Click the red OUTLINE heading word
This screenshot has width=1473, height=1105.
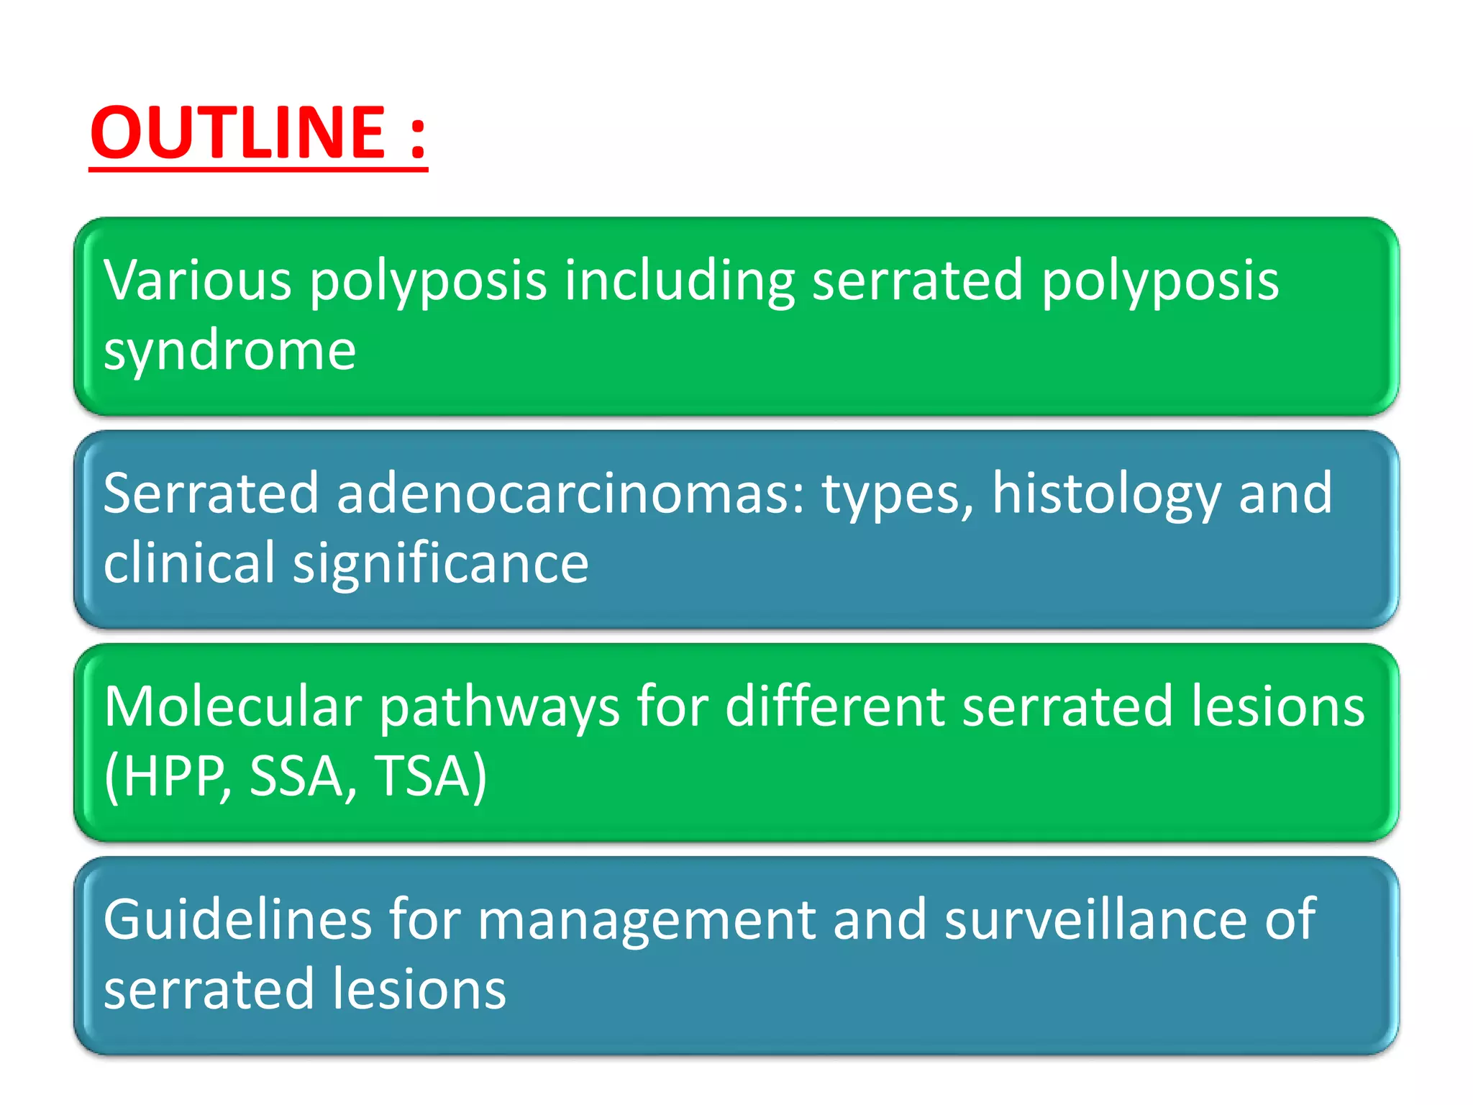[x=237, y=133]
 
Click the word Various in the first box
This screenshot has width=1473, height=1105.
[x=197, y=281]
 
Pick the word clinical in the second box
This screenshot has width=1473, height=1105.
[x=189, y=563]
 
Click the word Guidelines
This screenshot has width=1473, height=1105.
[x=237, y=920]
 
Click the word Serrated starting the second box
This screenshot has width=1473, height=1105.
[x=211, y=494]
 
